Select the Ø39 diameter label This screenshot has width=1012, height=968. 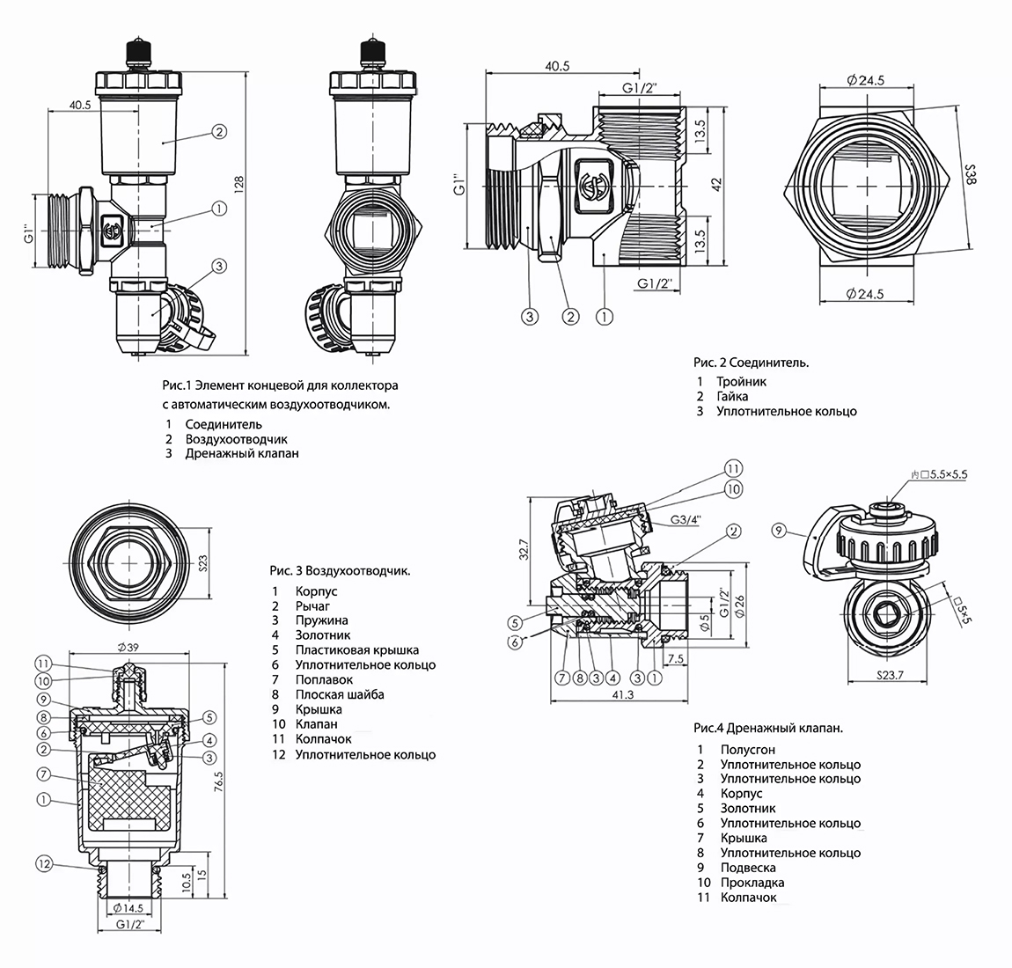(x=128, y=649)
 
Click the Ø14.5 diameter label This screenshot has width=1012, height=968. (x=128, y=906)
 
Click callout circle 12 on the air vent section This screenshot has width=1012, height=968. (x=45, y=863)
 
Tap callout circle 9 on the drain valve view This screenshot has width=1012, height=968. (x=778, y=531)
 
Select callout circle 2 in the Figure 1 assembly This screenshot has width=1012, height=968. (x=219, y=132)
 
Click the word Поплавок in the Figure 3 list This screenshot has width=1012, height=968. (x=324, y=679)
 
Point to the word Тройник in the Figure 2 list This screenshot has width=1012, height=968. (x=741, y=382)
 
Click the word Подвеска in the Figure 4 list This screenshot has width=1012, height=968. (x=747, y=867)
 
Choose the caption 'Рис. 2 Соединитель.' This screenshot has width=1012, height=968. (x=751, y=362)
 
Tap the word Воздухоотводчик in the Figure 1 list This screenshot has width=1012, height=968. (x=236, y=439)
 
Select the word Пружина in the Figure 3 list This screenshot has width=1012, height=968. (x=322, y=620)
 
